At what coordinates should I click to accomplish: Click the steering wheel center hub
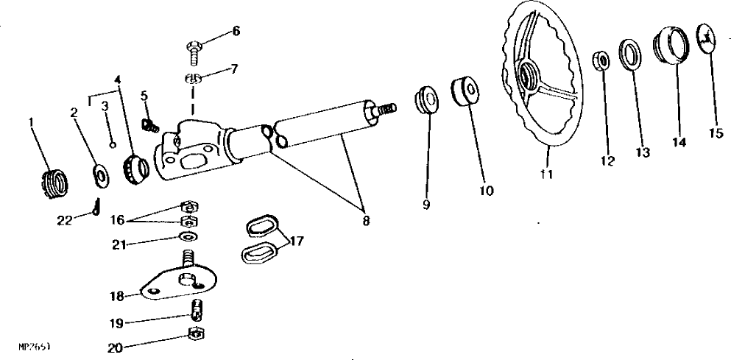527,76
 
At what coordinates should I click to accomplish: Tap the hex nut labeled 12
601,60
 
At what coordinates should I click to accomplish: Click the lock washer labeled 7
193,79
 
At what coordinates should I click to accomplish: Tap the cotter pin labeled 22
98,212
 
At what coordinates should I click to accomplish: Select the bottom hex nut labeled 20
197,334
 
